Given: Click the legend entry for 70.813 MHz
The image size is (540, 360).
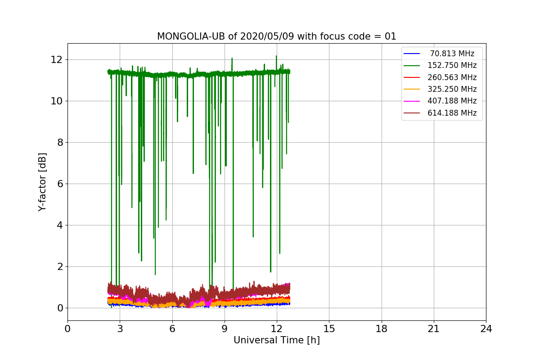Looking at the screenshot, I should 452,54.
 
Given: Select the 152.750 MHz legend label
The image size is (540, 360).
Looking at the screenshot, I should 452,65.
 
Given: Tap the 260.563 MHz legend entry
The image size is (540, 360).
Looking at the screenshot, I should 452,77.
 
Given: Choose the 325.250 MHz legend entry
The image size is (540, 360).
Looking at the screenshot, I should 452,89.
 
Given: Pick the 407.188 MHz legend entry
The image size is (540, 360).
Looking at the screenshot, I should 452,101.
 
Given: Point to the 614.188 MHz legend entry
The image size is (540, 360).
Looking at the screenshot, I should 452,113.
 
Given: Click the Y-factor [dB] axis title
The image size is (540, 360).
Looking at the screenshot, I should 43,182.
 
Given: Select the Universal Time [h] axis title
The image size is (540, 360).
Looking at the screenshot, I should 276,341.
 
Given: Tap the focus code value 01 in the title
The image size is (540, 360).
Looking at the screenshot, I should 390,36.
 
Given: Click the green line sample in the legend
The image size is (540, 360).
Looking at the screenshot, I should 412,66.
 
